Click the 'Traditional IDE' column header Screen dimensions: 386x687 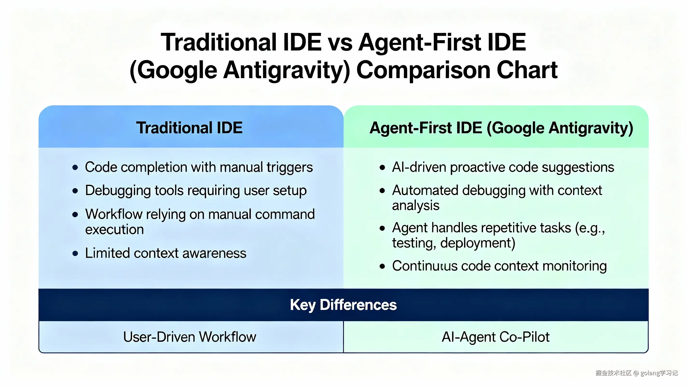(x=189, y=128)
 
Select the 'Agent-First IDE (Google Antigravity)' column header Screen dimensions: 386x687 (x=501, y=128)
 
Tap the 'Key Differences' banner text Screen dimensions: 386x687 (x=343, y=305)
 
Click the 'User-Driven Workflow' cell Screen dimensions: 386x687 (x=190, y=337)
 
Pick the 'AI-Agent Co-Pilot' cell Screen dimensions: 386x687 (x=495, y=337)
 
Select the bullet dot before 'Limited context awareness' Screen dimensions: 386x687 (x=75, y=253)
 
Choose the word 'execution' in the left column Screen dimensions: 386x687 (x=114, y=229)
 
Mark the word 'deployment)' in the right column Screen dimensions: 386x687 (x=478, y=243)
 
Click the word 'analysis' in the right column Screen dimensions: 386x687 (x=416, y=205)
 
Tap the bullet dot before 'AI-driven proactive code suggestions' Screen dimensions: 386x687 (x=382, y=167)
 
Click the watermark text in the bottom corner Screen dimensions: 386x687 (x=636, y=373)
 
